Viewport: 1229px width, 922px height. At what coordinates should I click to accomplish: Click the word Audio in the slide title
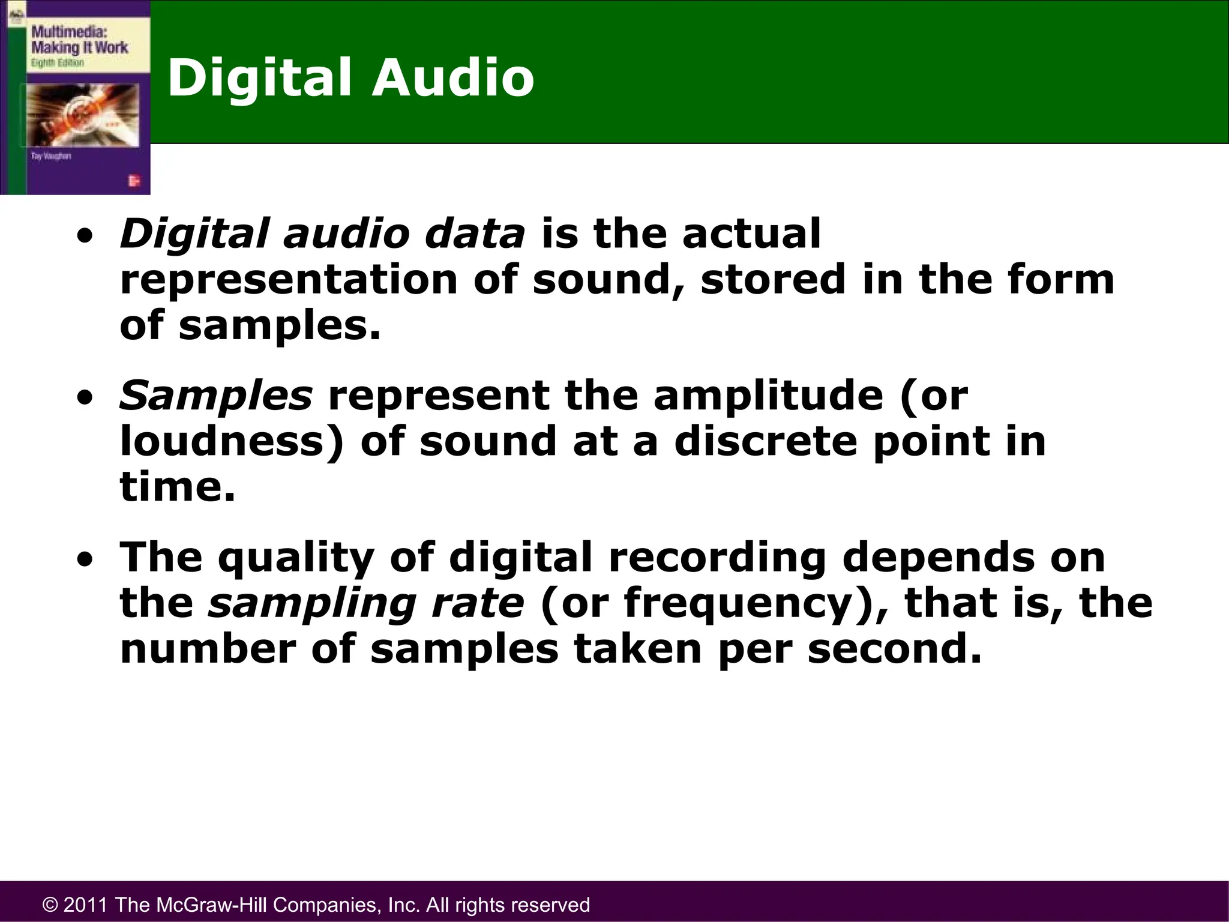click(453, 78)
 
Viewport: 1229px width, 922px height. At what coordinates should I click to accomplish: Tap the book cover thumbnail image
click(76, 97)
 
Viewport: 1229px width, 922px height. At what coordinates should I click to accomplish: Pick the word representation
click(289, 280)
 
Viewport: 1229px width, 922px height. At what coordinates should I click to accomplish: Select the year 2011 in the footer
click(85, 905)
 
